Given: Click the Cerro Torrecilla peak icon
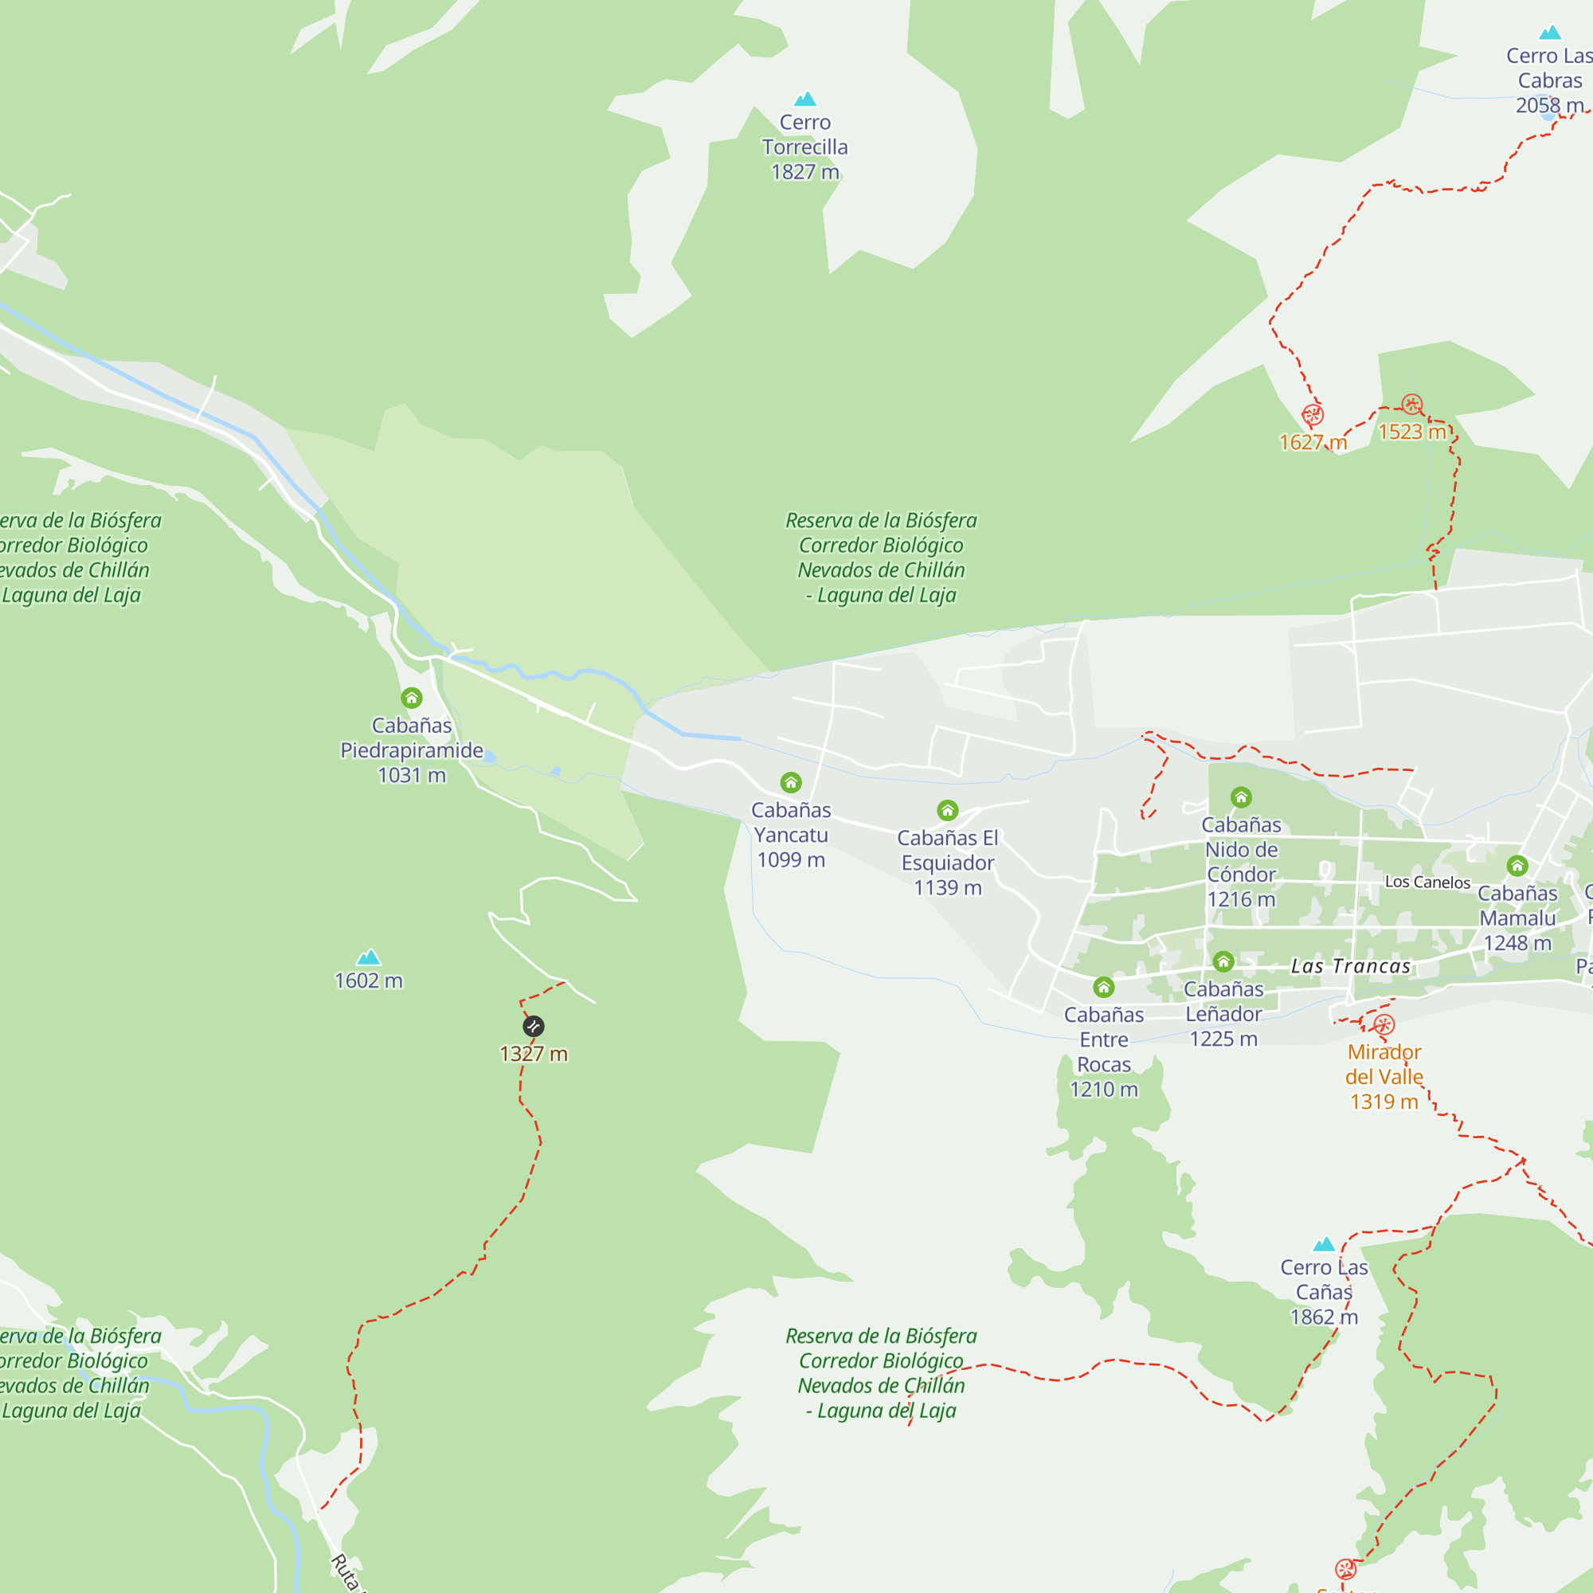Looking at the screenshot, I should coord(804,100).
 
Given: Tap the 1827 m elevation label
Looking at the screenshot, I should coord(804,172).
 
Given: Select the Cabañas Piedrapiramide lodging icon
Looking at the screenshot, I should coord(412,699).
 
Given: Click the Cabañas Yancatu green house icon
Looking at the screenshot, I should coord(791,782).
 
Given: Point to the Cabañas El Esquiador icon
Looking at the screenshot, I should coord(947,811).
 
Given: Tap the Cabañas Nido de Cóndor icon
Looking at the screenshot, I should coord(1241,797).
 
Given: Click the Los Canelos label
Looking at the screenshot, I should coord(1427,883).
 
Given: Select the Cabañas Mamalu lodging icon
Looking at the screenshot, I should coord(1517,866).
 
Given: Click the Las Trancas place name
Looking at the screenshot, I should coord(1351,966).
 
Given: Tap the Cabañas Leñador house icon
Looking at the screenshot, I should coord(1223,961).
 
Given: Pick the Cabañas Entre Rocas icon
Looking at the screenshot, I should coord(1103,987).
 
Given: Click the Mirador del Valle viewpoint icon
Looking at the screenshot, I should coord(1384,1025).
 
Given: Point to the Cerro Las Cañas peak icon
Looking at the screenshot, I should coord(1323,1244).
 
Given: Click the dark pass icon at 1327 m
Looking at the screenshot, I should coord(534,1027).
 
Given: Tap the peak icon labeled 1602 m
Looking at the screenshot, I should coord(368,957).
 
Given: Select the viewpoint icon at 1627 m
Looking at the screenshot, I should coord(1313,415).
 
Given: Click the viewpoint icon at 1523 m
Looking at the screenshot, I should coord(1411,405).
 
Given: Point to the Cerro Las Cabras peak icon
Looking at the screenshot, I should coord(1550,33).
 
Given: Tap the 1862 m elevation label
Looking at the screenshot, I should coord(1323,1317).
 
